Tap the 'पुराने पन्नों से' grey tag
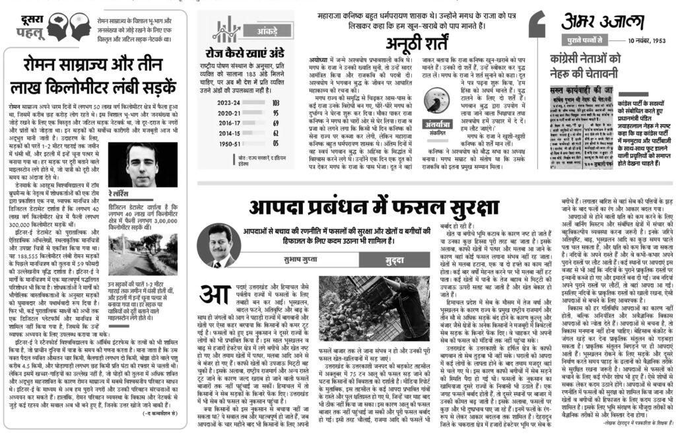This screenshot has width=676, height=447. pos(584,42)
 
